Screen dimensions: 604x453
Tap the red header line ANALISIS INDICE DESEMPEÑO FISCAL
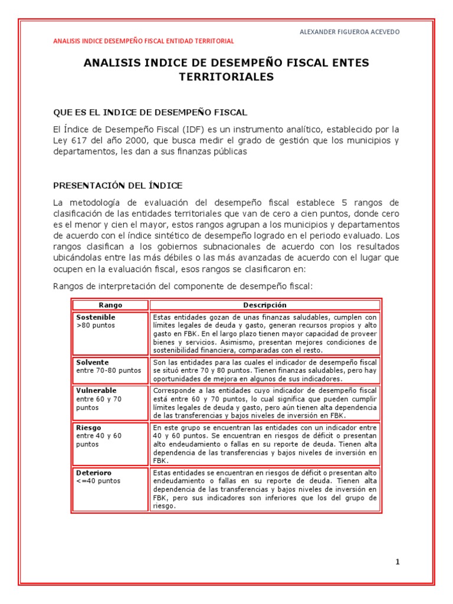(143, 41)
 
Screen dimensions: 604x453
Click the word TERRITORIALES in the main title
(226, 77)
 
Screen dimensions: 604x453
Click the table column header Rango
(110, 305)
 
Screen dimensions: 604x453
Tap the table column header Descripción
(265, 305)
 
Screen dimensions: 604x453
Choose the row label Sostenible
(96, 317)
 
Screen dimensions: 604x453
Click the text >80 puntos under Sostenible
(96, 326)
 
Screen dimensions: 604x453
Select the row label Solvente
(93, 362)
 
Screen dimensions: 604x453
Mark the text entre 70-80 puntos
(109, 370)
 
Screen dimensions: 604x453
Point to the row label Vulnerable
(96, 390)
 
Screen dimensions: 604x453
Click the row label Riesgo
(88, 427)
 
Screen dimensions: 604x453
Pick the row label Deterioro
(94, 473)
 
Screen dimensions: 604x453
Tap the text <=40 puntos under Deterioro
(98, 481)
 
